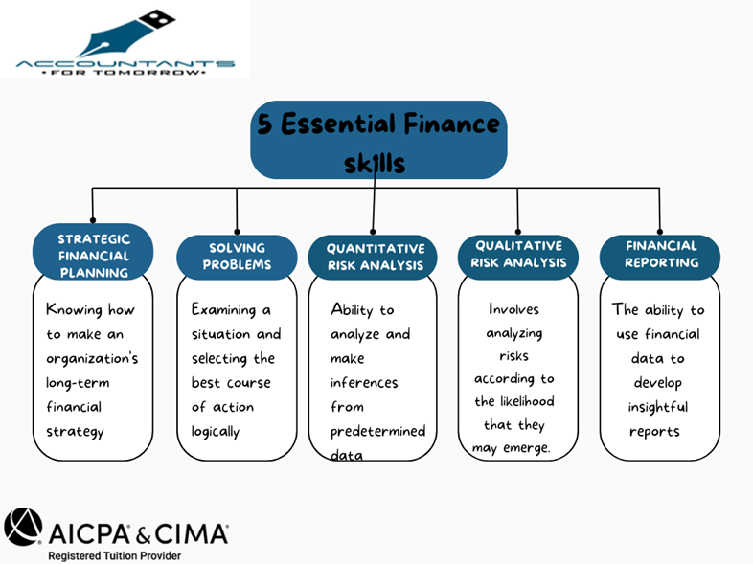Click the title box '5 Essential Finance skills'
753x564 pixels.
coord(378,140)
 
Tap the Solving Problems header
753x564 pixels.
coord(237,257)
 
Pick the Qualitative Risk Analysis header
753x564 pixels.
coord(518,254)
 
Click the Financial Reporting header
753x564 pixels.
coord(660,254)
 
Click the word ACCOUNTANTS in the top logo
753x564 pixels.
coord(125,63)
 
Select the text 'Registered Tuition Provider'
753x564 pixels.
coord(114,554)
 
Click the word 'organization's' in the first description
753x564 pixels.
coord(93,359)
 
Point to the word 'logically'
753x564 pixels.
coord(215,431)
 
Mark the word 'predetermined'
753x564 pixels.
coord(377,431)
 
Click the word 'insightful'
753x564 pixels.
coord(658,407)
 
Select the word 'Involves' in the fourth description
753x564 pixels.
coord(513,309)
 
